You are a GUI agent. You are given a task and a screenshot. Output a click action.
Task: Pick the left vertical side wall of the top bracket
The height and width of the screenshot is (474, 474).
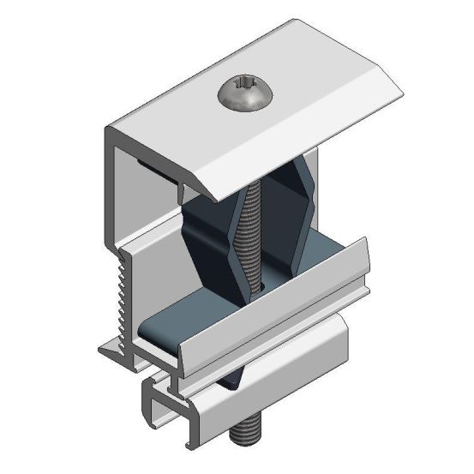111,197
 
